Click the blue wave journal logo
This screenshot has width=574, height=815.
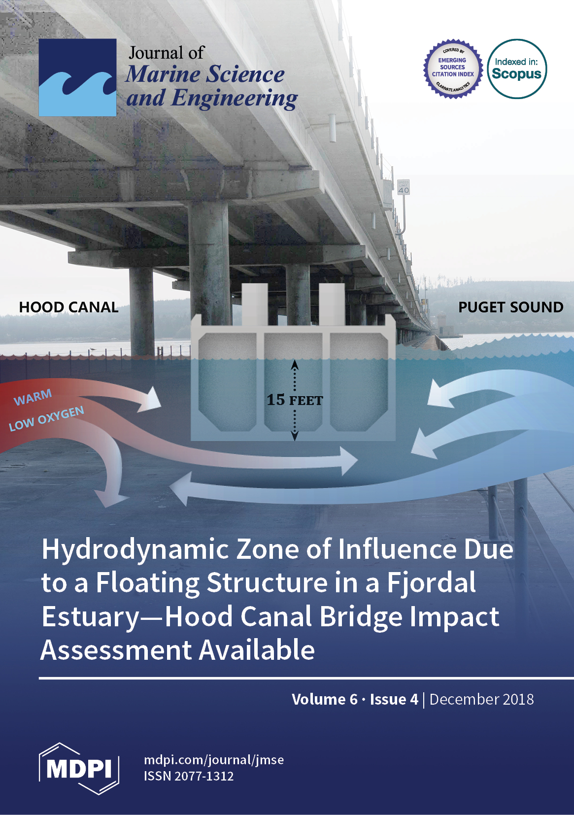pyautogui.click(x=77, y=77)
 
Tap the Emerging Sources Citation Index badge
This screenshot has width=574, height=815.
pyautogui.click(x=452, y=68)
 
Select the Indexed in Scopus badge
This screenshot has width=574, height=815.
pyautogui.click(x=517, y=69)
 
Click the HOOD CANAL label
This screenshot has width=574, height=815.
pyautogui.click(x=68, y=307)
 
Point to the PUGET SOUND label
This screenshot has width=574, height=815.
pyautogui.click(x=510, y=307)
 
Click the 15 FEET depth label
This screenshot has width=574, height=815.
pyautogui.click(x=295, y=400)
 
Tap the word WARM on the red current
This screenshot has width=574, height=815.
pyautogui.click(x=33, y=397)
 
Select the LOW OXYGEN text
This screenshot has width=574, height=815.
pyautogui.click(x=46, y=418)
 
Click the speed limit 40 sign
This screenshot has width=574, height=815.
pyautogui.click(x=404, y=187)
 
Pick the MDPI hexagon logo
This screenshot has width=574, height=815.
pyautogui.click(x=79, y=768)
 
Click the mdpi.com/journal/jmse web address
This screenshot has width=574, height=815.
pyautogui.click(x=213, y=760)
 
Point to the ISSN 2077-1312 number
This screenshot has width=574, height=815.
pyautogui.click(x=189, y=776)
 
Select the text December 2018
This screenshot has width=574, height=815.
pyautogui.click(x=481, y=699)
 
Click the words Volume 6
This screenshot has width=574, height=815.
pyautogui.click(x=324, y=699)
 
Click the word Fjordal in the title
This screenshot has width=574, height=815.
pyautogui.click(x=431, y=583)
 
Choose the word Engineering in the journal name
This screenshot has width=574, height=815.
pyautogui.click(x=234, y=99)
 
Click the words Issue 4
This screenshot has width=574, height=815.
pyautogui.click(x=394, y=699)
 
